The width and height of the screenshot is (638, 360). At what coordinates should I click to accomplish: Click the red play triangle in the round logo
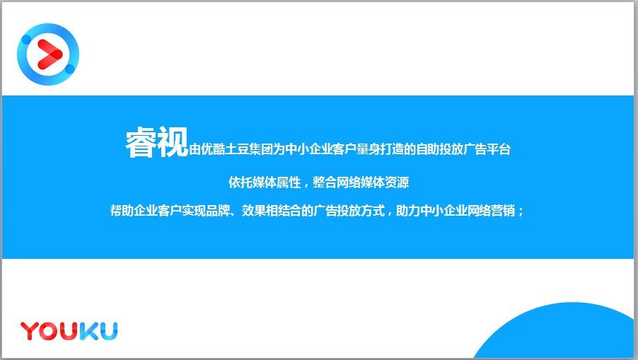pyautogui.click(x=48, y=53)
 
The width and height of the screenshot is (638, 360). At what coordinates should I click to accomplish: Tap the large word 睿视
pyautogui.click(x=157, y=143)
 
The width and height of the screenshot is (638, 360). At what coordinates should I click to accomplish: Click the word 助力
pyautogui.click(x=408, y=211)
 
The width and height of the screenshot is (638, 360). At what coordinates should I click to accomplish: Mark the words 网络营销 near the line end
pyautogui.click(x=492, y=211)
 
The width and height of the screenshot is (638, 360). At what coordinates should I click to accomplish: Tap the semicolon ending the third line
pyautogui.click(x=522, y=212)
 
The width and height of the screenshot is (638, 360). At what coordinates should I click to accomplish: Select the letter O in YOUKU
pyautogui.click(x=50, y=330)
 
